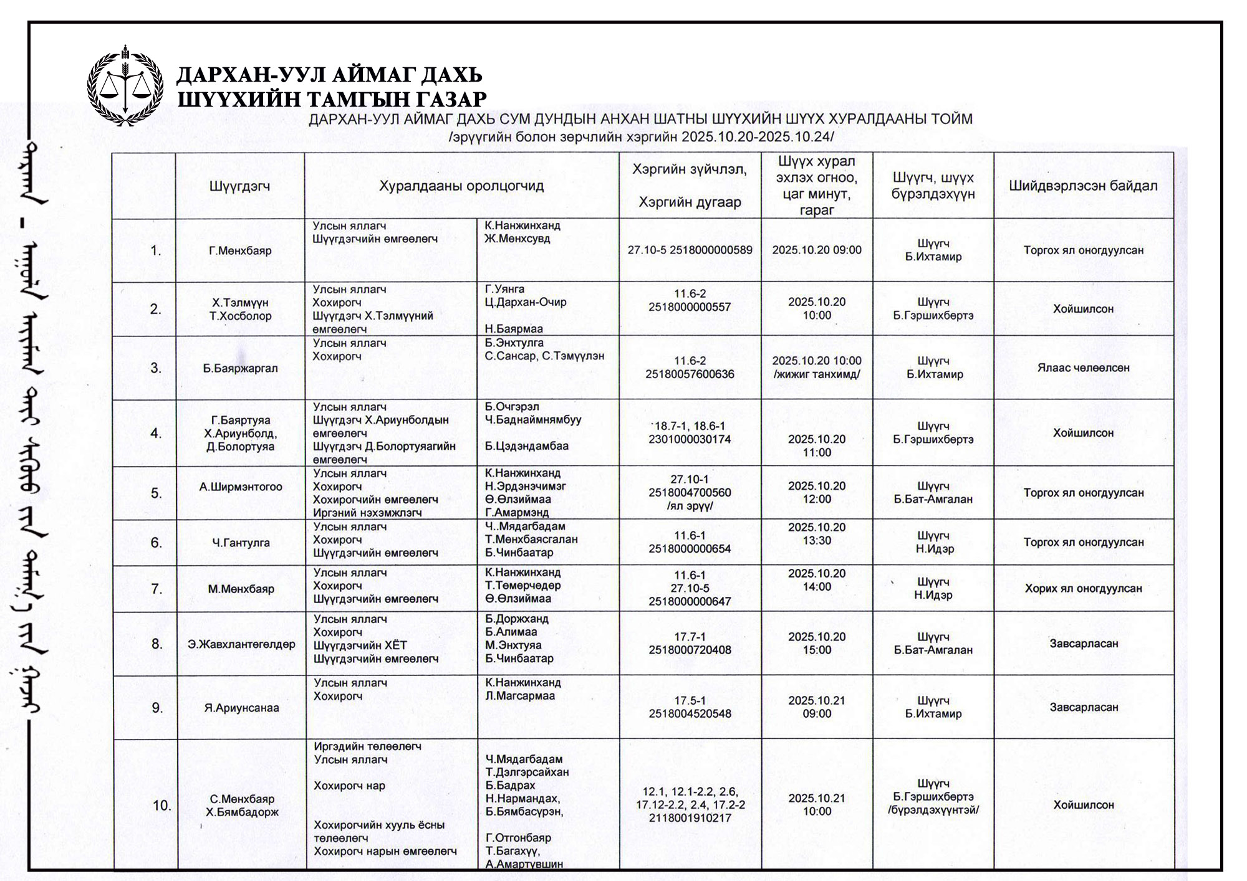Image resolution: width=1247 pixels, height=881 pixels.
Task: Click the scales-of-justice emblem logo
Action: (x=125, y=85)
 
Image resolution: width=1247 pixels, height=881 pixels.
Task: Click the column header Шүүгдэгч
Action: (x=240, y=186)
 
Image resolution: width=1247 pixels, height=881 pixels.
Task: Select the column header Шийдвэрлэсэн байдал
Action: (x=1083, y=186)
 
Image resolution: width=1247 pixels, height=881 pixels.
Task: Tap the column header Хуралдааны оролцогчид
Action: (x=461, y=186)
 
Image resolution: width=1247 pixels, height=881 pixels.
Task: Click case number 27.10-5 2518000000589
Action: (x=690, y=250)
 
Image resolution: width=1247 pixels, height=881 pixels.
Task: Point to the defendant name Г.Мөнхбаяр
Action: (x=240, y=251)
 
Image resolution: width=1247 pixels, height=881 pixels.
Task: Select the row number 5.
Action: (x=156, y=493)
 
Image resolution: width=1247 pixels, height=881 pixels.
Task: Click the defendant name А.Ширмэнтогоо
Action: (x=241, y=487)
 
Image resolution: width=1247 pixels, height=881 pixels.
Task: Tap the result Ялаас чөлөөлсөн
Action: (x=1083, y=368)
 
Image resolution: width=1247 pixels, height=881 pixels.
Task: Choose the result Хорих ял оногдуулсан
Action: (x=1083, y=588)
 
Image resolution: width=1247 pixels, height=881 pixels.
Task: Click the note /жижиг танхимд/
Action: (x=817, y=374)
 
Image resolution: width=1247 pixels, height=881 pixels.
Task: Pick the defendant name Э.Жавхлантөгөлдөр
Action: (x=241, y=644)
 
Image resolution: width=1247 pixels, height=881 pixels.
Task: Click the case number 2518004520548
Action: (x=690, y=713)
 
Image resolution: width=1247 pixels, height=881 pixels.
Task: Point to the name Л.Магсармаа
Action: (x=520, y=696)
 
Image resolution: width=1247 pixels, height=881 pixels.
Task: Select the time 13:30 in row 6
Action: (x=817, y=540)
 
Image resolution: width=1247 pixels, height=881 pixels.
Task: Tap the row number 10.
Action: (x=161, y=806)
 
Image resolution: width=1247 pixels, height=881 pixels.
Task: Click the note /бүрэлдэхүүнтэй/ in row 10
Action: (x=933, y=810)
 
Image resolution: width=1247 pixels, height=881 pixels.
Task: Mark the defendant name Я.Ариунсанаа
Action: (x=241, y=708)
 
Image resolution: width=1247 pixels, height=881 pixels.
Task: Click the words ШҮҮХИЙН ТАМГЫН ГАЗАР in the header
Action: (x=332, y=100)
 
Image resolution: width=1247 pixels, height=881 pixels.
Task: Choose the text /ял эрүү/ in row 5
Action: (x=690, y=506)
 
